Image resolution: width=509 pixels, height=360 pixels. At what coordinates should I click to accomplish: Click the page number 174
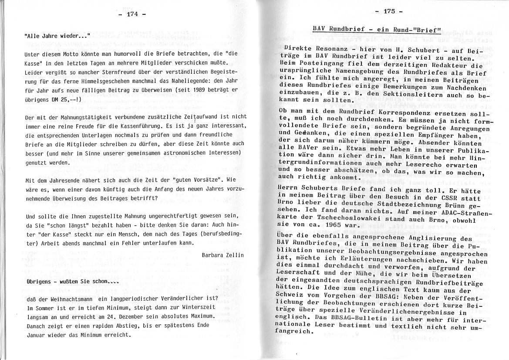pyautogui.click(x=132, y=14)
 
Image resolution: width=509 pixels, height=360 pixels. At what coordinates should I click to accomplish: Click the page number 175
pyautogui.click(x=389, y=11)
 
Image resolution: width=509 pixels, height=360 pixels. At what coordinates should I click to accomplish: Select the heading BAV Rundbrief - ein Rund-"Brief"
pyautogui.click(x=377, y=30)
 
